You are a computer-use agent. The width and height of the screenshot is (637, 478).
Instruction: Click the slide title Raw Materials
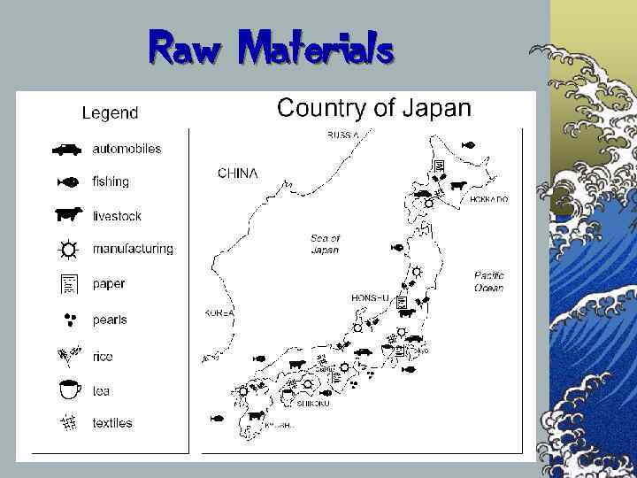[x=271, y=48]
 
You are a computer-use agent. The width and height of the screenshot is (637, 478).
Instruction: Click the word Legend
[x=110, y=112]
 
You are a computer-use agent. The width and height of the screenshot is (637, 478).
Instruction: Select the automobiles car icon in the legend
[x=66, y=150]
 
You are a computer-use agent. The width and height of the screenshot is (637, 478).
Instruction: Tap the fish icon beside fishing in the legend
[x=67, y=182]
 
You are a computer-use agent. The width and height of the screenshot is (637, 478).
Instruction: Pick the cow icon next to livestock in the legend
[x=67, y=215]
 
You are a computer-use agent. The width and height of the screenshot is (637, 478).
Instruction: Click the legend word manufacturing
[x=133, y=250]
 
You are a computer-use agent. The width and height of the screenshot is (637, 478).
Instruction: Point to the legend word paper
[x=109, y=284]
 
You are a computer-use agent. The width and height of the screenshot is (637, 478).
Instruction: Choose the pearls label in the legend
[x=110, y=320]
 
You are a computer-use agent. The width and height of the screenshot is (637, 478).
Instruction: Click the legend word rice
[x=103, y=356]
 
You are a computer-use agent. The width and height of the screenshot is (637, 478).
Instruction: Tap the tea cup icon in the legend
[x=69, y=389]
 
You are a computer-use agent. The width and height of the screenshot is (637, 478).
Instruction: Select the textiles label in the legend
[x=112, y=423]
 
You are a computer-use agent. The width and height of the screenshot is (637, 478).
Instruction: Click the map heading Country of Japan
[x=374, y=109]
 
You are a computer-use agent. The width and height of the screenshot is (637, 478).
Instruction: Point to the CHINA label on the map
[x=238, y=173]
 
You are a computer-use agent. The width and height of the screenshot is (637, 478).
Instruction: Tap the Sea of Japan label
[x=325, y=244]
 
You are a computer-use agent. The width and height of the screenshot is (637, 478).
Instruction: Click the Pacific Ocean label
[x=488, y=281]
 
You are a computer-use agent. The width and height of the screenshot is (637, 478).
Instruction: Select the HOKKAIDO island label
[x=488, y=200]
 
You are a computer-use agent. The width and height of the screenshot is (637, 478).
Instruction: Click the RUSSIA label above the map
[x=343, y=135]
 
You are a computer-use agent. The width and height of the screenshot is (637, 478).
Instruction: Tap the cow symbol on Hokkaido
[x=457, y=186]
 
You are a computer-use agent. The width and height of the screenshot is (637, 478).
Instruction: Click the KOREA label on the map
[x=219, y=313]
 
